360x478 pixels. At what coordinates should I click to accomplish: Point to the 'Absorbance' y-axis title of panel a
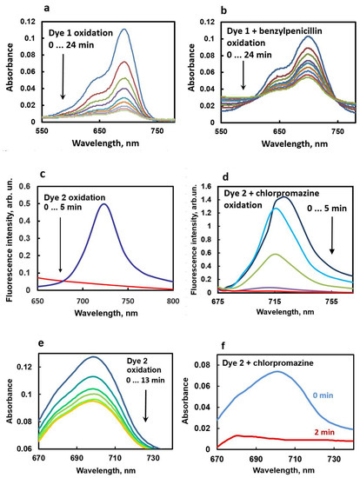tap(7, 70)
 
